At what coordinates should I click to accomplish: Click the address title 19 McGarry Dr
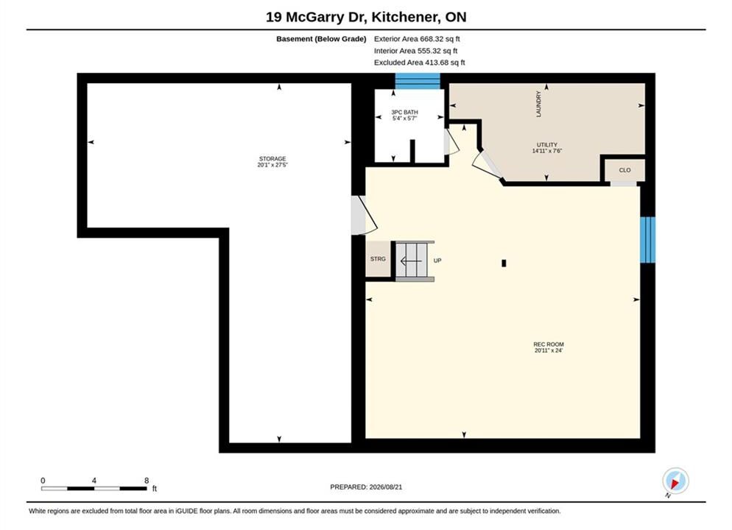pos(312,17)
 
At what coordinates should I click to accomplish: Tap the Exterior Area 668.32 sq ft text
pos(417,39)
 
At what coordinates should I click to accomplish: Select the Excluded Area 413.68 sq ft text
pos(419,63)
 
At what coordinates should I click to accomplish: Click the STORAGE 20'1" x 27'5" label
pos(272,162)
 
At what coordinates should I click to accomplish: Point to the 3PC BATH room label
pos(405,116)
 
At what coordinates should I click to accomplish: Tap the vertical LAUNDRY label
pos(539,104)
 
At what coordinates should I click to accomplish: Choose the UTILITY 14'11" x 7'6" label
pos(547,148)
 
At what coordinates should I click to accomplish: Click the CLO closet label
pos(624,170)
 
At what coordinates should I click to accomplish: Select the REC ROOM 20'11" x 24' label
pos(549,347)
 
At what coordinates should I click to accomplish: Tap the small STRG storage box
pos(378,259)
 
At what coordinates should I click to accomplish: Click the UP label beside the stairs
pos(437,261)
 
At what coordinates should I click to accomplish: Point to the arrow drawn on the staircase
pos(411,261)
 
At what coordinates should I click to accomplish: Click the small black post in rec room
pos(504,263)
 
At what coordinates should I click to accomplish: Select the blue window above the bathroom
pos(418,81)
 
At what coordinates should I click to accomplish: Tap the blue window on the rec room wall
pos(647,240)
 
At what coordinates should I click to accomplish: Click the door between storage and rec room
pos(364,215)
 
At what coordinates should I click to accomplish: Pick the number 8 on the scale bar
pos(147,481)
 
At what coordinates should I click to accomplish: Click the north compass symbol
pos(675,481)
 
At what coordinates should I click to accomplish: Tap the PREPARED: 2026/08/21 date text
pos(366,487)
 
